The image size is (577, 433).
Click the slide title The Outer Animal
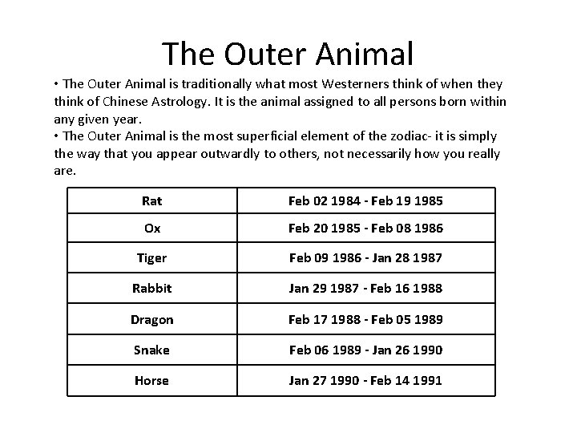point(288,54)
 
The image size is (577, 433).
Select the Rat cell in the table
point(152,200)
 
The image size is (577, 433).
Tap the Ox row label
point(152,229)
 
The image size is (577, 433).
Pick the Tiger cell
point(152,258)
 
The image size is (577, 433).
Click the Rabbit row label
point(152,289)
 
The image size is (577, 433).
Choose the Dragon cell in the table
point(152,319)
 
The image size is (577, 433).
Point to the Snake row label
point(152,350)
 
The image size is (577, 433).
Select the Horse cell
point(152,380)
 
